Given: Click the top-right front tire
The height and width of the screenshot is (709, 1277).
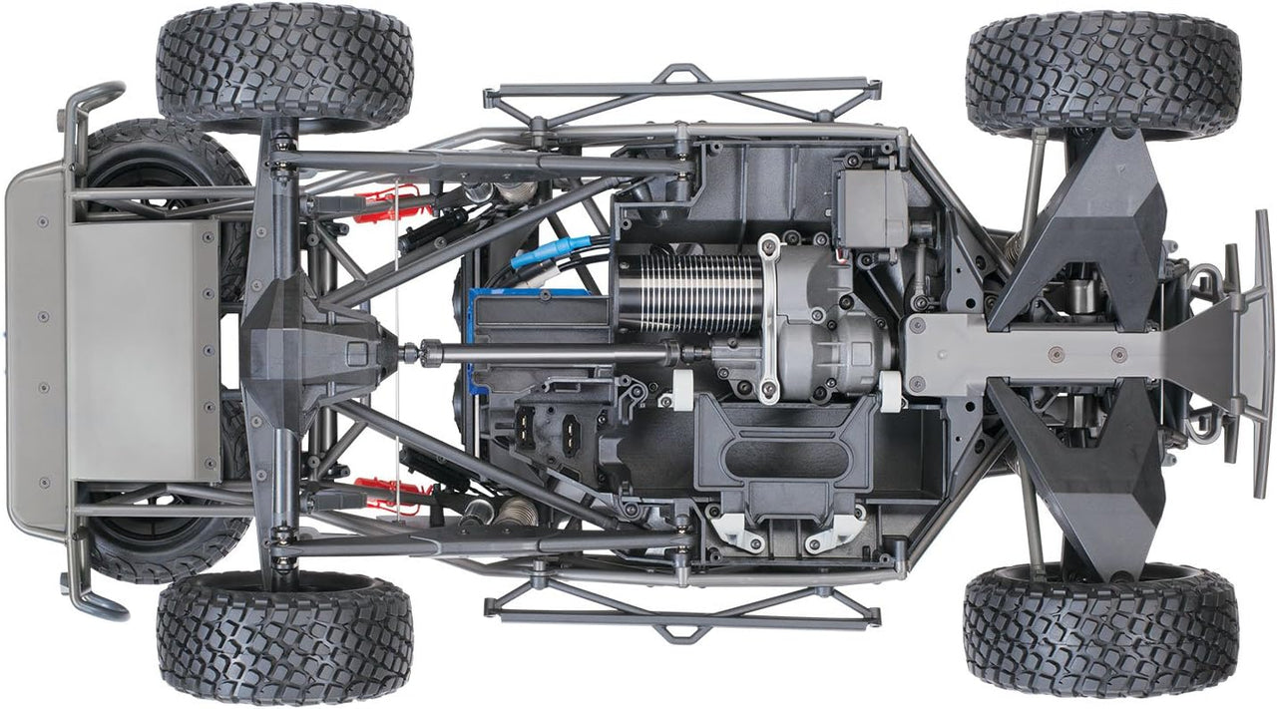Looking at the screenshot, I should point(1102,76).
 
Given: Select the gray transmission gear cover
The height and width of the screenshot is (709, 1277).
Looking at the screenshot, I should point(828,339).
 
